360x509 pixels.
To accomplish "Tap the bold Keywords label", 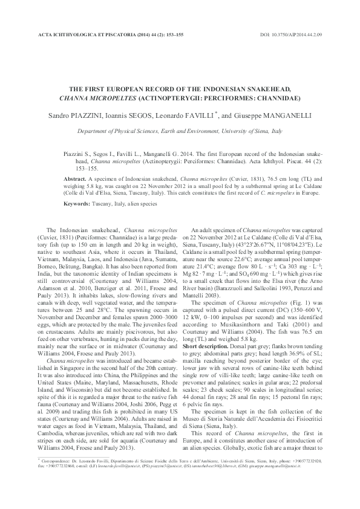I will pos(77,205).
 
